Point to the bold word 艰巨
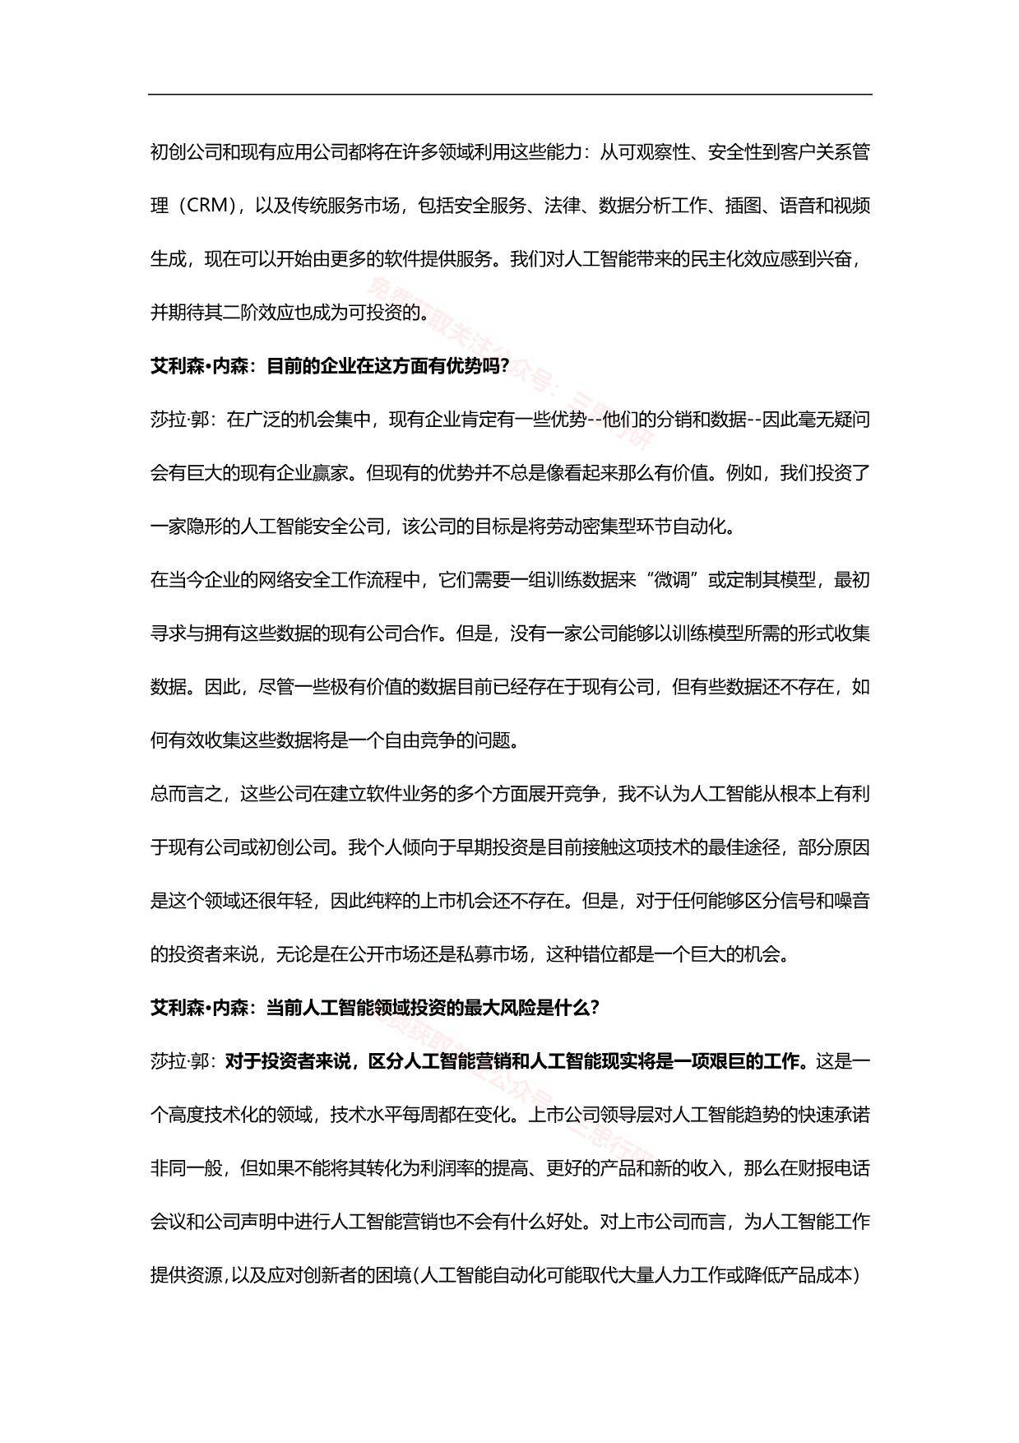click(x=725, y=1061)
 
